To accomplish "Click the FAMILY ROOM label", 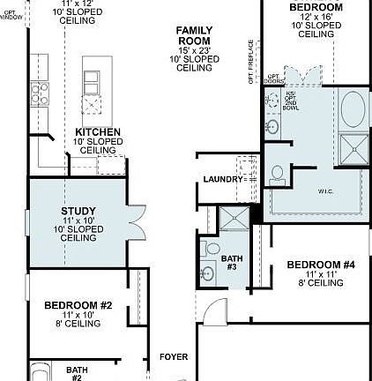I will point(194,35).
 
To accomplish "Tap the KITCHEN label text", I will point(97,132).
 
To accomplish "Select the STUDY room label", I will point(72,211).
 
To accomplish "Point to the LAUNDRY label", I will point(222,179).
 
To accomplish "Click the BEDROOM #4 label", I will point(321,265).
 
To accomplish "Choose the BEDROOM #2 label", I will point(78,305).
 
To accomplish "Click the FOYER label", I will point(173,357).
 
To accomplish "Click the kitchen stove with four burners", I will point(40,91).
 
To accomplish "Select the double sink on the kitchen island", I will point(91,81).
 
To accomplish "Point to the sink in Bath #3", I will point(208,272).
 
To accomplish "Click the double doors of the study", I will point(135,221).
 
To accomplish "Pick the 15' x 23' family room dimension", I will point(194,50).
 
